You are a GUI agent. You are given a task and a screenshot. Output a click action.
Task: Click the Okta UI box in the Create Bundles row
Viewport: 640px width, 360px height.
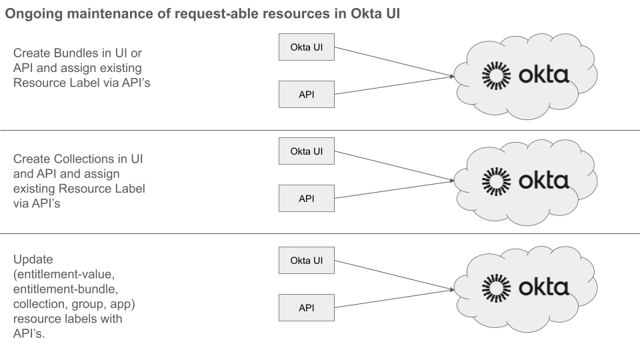point(306,48)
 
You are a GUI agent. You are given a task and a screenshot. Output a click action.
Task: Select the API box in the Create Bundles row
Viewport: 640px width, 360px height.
point(306,95)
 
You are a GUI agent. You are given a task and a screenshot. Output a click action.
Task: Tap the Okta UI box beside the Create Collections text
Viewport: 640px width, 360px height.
point(306,151)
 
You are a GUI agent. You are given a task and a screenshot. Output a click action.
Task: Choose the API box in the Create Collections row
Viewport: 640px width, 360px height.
point(306,198)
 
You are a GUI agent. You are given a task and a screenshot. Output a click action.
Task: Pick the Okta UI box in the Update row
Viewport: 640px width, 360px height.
point(306,260)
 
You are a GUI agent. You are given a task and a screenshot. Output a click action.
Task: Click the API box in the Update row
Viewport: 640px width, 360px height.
point(306,307)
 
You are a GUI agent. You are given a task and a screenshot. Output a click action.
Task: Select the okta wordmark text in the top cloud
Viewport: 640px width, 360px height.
point(543,75)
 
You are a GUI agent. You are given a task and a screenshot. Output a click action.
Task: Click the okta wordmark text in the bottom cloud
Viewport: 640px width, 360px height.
point(543,287)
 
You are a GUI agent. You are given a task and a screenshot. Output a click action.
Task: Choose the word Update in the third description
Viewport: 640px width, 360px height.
point(33,258)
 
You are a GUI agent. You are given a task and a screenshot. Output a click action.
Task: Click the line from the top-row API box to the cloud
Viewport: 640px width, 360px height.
point(393,85)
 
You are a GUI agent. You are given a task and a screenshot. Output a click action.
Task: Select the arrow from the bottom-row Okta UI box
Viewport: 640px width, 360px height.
point(393,275)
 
